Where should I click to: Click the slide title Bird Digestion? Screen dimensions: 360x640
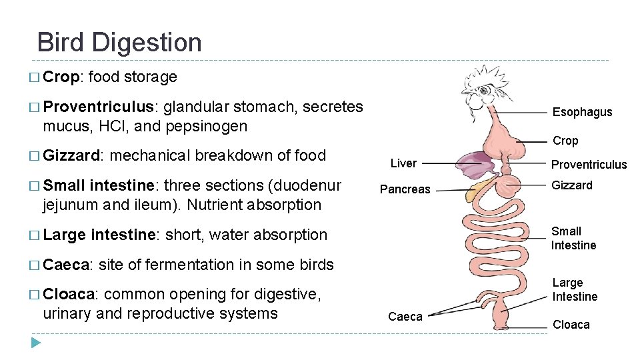tap(119, 43)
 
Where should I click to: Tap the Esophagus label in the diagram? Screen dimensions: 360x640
tap(582, 112)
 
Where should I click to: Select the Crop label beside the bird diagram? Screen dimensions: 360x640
tap(565, 141)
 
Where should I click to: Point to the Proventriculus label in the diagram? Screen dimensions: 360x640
tap(589, 165)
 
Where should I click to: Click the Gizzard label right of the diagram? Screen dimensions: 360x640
tap(571, 185)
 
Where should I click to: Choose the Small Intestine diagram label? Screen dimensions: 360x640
tap(573, 238)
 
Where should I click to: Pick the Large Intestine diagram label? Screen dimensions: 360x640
tap(574, 290)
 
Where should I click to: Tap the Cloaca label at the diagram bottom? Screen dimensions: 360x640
tap(571, 325)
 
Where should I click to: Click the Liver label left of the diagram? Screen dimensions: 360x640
tap(403, 163)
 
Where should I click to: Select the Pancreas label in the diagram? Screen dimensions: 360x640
tap(405, 189)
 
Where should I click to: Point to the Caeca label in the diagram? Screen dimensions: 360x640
tap(405, 317)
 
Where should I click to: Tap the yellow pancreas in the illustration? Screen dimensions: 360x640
tap(478, 191)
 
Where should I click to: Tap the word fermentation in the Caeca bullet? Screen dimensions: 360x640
tap(189, 265)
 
